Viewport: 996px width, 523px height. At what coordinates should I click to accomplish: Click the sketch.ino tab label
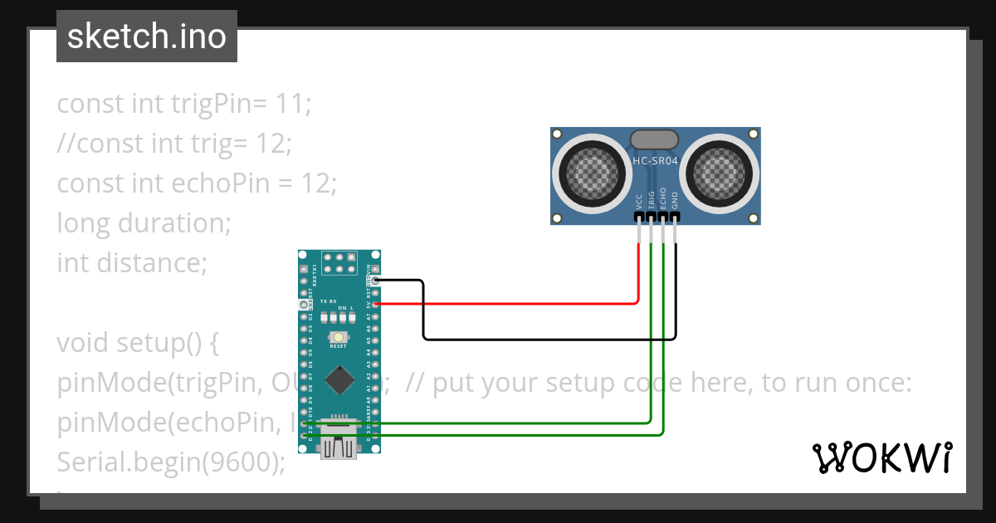coord(146,37)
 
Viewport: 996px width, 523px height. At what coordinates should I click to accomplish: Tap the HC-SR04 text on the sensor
coord(656,161)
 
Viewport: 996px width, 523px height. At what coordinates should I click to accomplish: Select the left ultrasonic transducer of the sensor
coord(593,173)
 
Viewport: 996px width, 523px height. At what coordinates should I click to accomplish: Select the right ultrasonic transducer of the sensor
coord(719,173)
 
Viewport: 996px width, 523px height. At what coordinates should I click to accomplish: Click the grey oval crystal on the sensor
coord(656,139)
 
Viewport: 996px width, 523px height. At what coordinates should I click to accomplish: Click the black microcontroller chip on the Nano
coord(339,379)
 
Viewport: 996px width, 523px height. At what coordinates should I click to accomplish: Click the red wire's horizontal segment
coord(506,304)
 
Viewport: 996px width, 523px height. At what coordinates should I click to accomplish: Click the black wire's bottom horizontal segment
coord(548,339)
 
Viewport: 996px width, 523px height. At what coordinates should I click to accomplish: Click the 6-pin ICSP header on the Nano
coord(339,264)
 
